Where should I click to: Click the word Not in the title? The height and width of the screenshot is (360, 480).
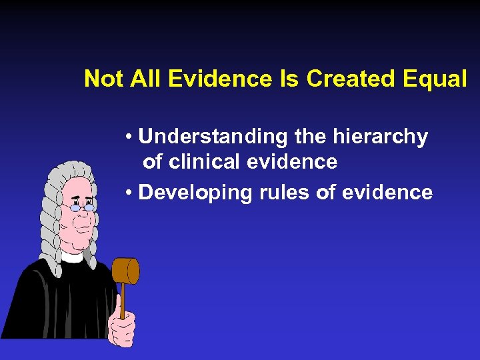pos(104,79)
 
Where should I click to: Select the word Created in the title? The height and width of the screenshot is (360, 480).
pos(355,79)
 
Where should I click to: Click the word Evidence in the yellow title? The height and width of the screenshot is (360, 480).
pos(220,79)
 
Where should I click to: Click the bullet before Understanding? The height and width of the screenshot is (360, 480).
pos(128,138)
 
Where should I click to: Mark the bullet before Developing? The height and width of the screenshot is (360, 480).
pos(128,193)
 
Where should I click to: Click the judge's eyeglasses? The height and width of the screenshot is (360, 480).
pos(82,207)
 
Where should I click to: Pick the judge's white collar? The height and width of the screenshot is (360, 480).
pos(71,254)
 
